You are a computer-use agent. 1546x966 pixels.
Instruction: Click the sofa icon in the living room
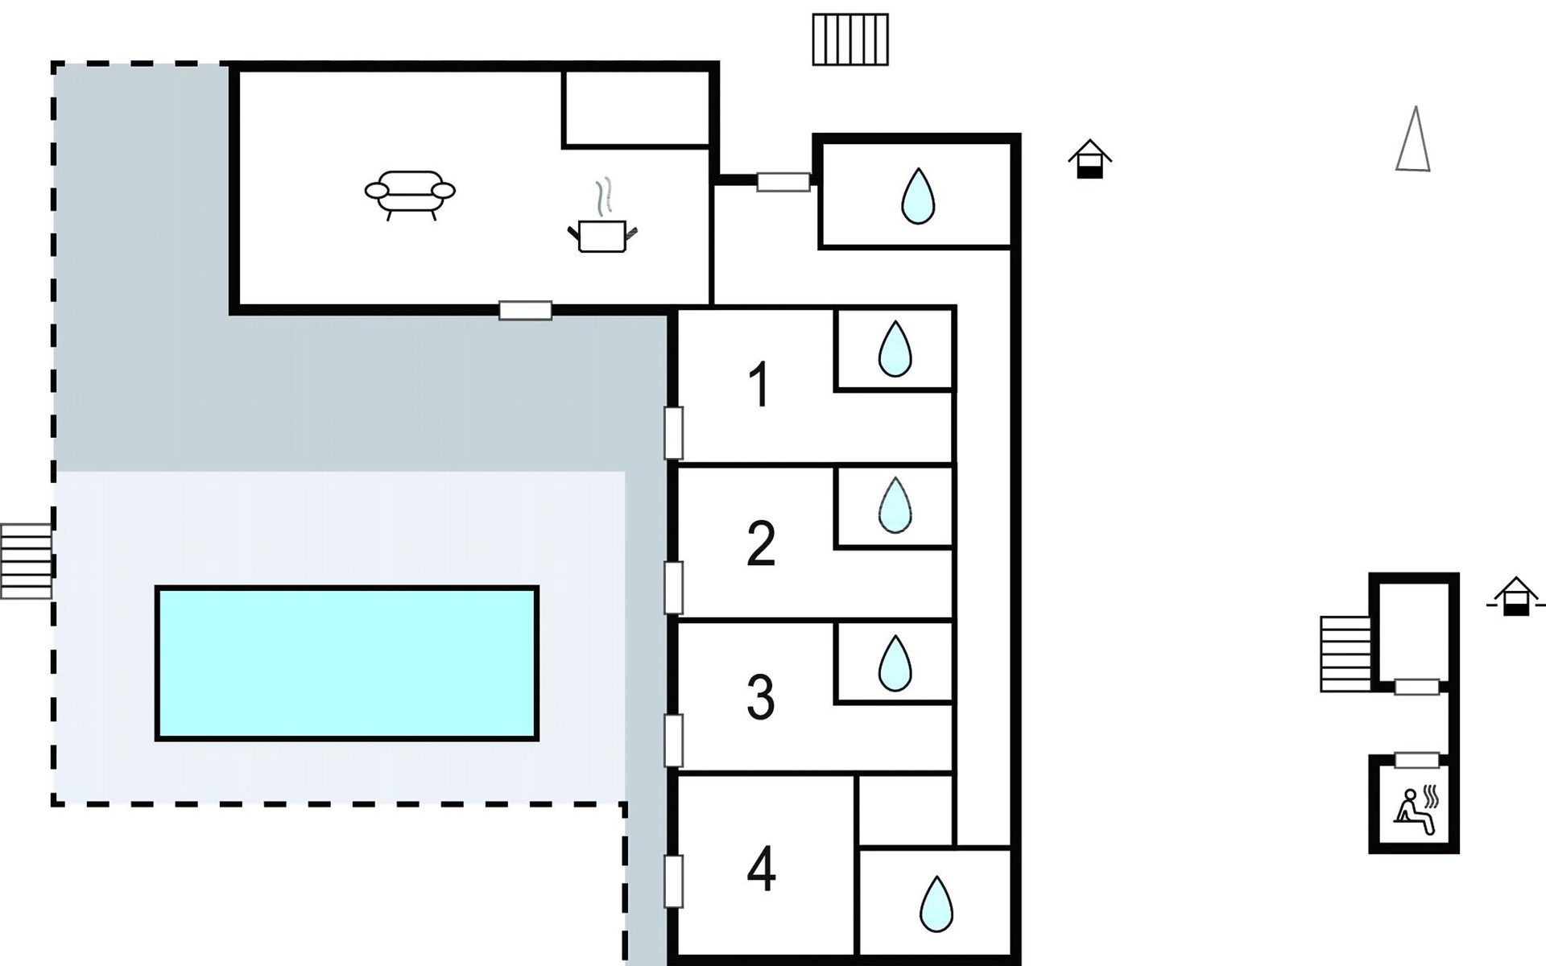[x=410, y=195]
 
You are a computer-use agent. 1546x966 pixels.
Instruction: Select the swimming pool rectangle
[x=347, y=663]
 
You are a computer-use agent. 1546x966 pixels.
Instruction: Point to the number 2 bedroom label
[x=761, y=543]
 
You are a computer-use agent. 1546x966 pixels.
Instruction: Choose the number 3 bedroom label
[x=761, y=696]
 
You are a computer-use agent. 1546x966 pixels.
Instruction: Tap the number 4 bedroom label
[x=761, y=869]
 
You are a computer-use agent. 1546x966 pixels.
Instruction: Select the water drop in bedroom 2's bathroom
[x=895, y=505]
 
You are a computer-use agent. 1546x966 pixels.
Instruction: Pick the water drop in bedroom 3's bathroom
[x=895, y=663]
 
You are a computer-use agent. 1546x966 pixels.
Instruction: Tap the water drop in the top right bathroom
[x=918, y=196]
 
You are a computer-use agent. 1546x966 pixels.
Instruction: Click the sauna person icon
[x=1416, y=811]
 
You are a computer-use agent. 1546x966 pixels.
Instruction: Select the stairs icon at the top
[x=850, y=39]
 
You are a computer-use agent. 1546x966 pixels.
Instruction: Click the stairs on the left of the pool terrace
[x=26, y=561]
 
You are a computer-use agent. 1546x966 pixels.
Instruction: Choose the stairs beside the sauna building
[x=1346, y=654]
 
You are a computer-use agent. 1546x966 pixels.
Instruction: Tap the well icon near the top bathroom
[x=1089, y=159]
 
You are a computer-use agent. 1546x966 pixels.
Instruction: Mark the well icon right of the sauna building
[x=1516, y=597]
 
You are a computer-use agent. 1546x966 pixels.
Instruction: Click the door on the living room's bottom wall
[x=525, y=310]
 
